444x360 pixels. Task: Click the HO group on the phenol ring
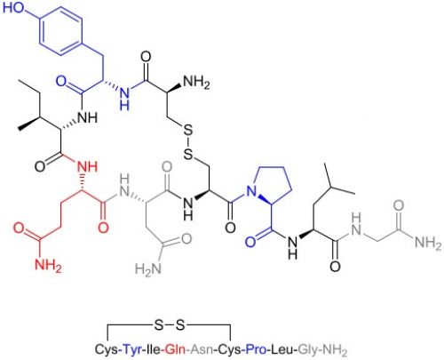(x=14, y=8)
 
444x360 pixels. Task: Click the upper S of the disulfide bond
(x=187, y=131)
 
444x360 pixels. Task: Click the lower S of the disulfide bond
(x=188, y=154)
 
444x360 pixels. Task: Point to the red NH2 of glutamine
(x=48, y=264)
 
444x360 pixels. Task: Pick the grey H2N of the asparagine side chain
(x=148, y=268)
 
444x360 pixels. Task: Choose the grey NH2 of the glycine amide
(x=428, y=244)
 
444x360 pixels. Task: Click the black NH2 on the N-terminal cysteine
(x=196, y=82)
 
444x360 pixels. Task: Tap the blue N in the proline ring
(x=251, y=191)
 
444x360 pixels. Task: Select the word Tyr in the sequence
(x=132, y=349)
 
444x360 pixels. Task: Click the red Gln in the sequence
(x=175, y=349)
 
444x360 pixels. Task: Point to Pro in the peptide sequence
(x=257, y=349)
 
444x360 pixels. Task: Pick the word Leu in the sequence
(x=283, y=349)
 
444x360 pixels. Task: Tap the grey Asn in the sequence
(x=202, y=349)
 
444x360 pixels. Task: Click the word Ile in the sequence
(x=154, y=349)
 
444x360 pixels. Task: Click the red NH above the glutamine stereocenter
(x=87, y=166)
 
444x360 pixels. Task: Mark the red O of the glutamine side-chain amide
(x=20, y=228)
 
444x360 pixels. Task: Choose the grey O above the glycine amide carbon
(x=399, y=205)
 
